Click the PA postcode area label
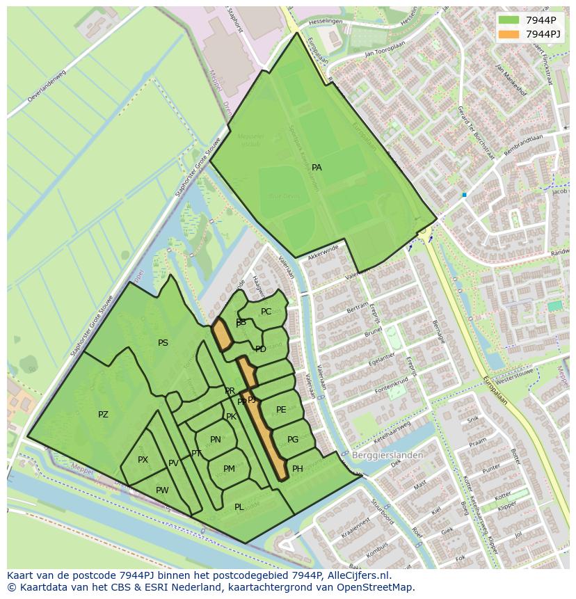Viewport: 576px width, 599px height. pyautogui.click(x=317, y=168)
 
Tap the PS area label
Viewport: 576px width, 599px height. pyautogui.click(x=163, y=343)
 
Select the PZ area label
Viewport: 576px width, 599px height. pyautogui.click(x=103, y=415)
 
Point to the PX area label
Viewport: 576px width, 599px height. pyautogui.click(x=143, y=460)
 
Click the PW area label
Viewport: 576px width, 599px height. pyautogui.click(x=162, y=490)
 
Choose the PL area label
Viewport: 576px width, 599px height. pyautogui.click(x=239, y=507)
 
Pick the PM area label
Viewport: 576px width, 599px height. pyautogui.click(x=229, y=469)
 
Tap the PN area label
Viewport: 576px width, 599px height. pyautogui.click(x=216, y=440)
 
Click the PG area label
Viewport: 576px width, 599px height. pyautogui.click(x=293, y=440)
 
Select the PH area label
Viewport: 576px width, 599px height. pyautogui.click(x=298, y=469)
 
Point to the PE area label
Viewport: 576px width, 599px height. pyautogui.click(x=281, y=410)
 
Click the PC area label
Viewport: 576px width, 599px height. pyautogui.click(x=266, y=312)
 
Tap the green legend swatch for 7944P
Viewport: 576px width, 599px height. pyautogui.click(x=509, y=20)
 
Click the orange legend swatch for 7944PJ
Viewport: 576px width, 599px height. pyautogui.click(x=509, y=34)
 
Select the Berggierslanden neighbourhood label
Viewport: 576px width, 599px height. pyautogui.click(x=387, y=455)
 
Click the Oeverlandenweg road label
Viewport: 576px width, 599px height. pyautogui.click(x=46, y=86)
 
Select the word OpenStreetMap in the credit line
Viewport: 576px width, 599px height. pyautogui.click(x=378, y=587)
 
